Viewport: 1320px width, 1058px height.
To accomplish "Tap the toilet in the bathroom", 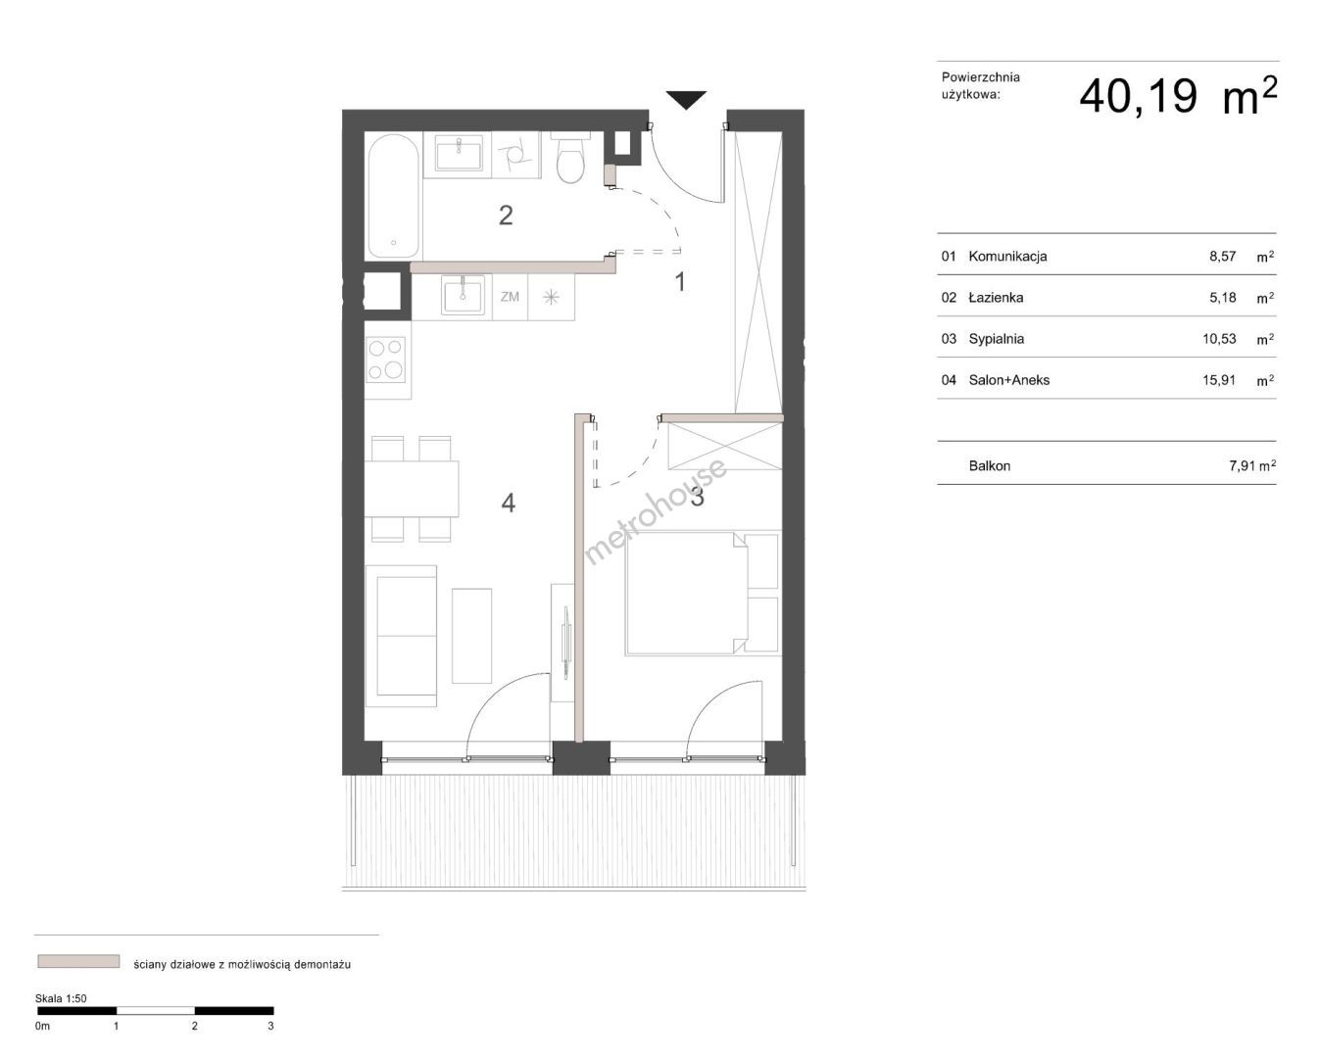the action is click(569, 158).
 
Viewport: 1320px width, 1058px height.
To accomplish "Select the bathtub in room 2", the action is click(393, 196).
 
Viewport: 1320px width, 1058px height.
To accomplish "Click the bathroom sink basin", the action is click(459, 153).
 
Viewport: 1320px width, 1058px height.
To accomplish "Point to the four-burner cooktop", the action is click(386, 360).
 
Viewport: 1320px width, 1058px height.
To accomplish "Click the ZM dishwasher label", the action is click(510, 297).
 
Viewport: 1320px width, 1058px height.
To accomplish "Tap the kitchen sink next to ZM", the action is click(464, 295).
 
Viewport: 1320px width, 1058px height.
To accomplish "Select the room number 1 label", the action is click(680, 282).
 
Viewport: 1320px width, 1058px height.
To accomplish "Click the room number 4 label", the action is click(508, 503).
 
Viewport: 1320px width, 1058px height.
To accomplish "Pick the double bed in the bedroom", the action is click(703, 593).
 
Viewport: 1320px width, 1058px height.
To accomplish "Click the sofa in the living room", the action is click(401, 636).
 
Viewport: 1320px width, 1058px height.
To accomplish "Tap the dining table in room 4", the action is click(412, 489).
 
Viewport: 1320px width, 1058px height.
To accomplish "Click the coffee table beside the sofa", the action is click(471, 636).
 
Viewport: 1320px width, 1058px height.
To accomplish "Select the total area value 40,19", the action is click(1138, 97).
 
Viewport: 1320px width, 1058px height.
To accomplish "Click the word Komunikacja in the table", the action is click(1007, 257).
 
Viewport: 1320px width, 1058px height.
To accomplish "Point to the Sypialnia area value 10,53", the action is click(1219, 339).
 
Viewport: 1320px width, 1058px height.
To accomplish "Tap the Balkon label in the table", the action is click(990, 466).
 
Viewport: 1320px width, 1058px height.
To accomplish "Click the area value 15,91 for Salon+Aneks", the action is click(1219, 380).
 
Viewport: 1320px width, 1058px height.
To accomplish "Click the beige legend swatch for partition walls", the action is click(78, 961).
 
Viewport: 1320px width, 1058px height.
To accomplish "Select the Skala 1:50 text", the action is click(61, 998).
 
